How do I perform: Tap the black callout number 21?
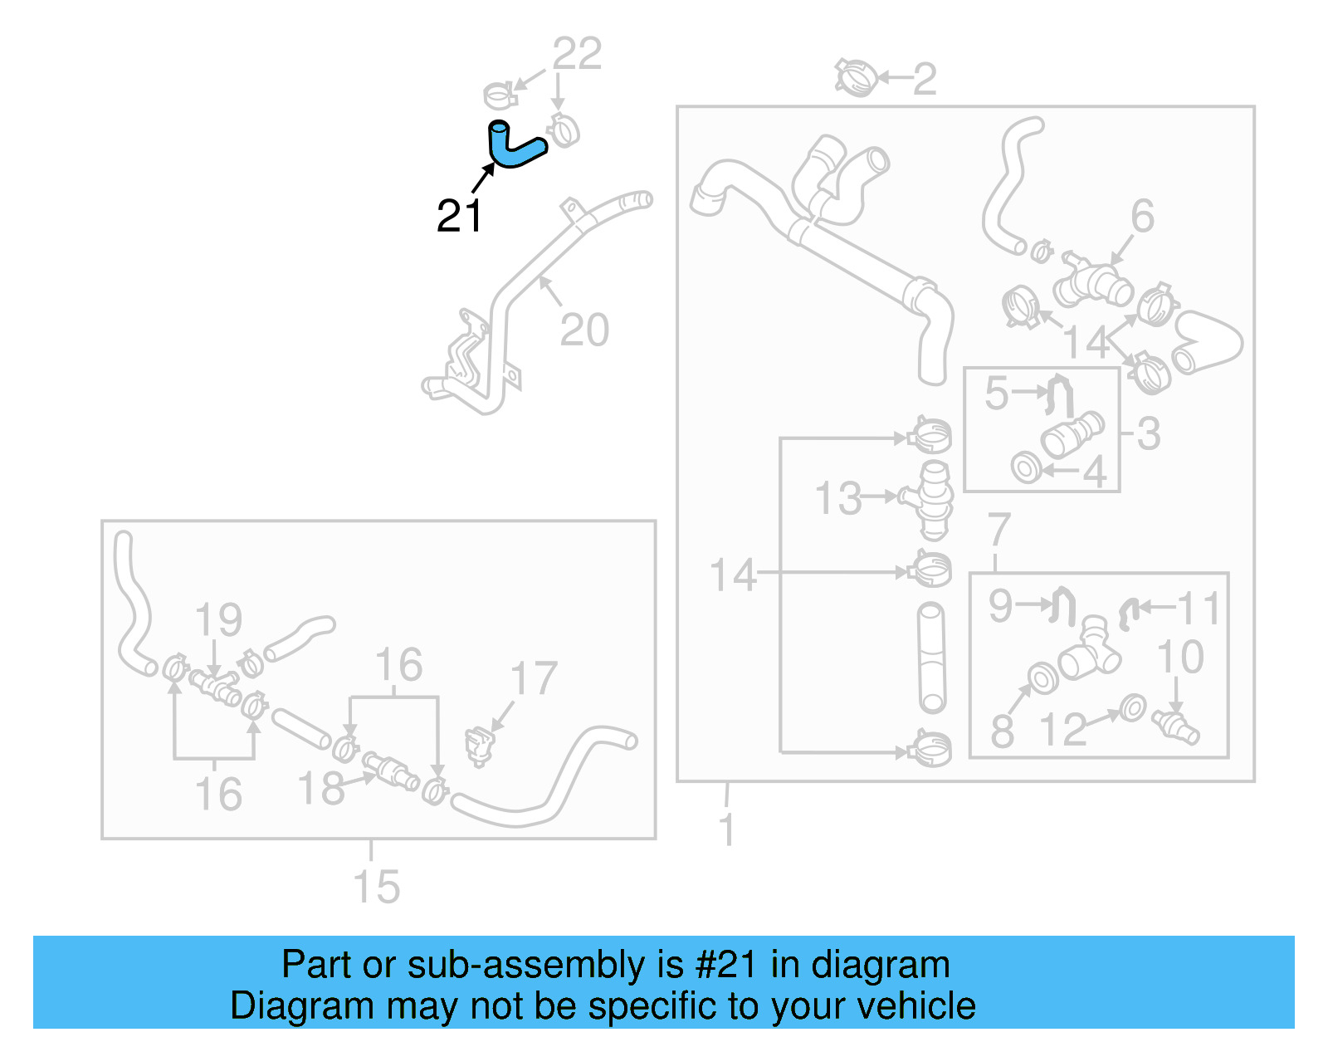pos(459,216)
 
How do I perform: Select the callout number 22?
pos(577,55)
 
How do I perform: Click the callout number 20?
pos(584,330)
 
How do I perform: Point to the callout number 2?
pos(925,79)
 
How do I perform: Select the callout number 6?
pos(1143,217)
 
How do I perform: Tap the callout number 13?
pos(838,499)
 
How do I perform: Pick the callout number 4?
pos(1096,472)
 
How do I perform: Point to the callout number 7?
pos(998,530)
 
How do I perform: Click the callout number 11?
pos(1199,609)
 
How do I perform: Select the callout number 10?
pos(1180,657)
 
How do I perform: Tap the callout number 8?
pos(1003,731)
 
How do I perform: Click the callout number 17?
pos(533,678)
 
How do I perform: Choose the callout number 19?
pos(218,619)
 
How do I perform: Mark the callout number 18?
pos(321,788)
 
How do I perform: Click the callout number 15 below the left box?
pos(377,887)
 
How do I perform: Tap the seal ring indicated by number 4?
pos(1027,467)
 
